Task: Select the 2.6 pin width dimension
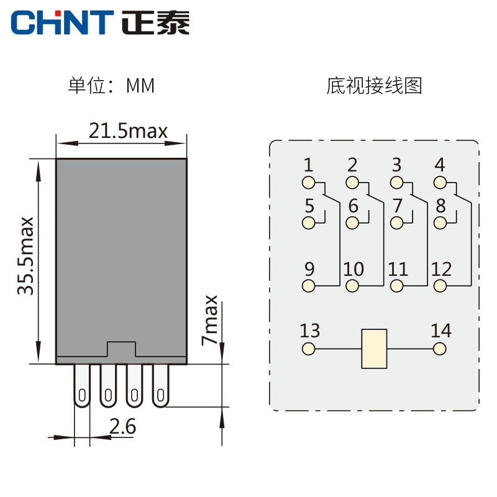coord(122,427)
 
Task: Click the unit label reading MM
coord(140,85)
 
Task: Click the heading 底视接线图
coord(374,85)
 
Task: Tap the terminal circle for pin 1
coord(308,183)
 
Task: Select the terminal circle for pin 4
coord(440,183)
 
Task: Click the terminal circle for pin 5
coord(308,223)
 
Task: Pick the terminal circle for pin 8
coord(440,223)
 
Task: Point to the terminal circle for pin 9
coord(308,286)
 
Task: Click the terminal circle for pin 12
coord(440,286)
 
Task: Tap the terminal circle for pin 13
coord(308,349)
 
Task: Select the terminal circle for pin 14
coord(440,349)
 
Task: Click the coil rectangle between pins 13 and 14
coord(374,349)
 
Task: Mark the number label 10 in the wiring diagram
coord(353,270)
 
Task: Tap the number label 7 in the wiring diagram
coord(398,206)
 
